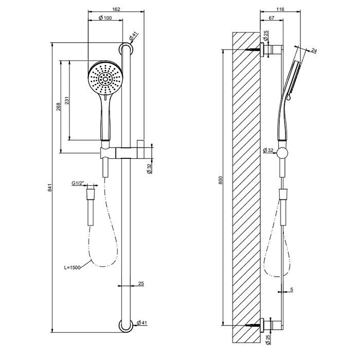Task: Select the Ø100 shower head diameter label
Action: (x=105, y=19)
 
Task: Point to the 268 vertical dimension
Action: (x=59, y=106)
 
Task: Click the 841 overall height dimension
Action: (x=50, y=188)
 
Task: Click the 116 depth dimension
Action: (x=280, y=9)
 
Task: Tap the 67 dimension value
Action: (x=272, y=19)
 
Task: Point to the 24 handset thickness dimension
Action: (x=314, y=51)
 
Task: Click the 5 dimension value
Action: (x=291, y=291)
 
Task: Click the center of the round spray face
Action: (x=105, y=78)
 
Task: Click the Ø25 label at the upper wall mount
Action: (x=266, y=37)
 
